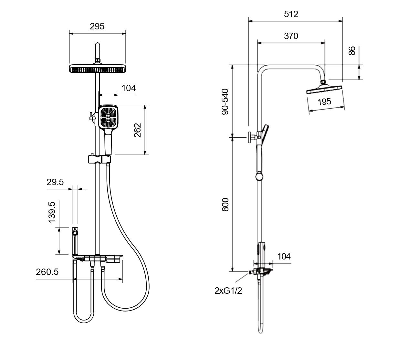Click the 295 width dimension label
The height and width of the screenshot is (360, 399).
point(97,26)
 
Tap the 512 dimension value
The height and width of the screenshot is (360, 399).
point(291,14)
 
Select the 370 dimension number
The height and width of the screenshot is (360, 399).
point(291,36)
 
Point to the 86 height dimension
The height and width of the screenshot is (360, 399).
point(352,50)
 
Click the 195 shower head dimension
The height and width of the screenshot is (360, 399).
point(324,102)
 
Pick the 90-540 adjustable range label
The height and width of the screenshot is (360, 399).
point(225,102)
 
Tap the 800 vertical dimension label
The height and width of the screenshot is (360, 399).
point(225,205)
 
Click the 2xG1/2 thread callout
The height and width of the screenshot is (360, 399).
point(228,291)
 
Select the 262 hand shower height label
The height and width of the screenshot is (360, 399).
point(137,130)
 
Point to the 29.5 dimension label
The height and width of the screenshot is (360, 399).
point(55,182)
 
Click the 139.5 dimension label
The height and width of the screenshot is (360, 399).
point(52,212)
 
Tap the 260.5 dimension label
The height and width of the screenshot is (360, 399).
point(47,272)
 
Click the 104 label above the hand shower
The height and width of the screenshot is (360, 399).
point(129,88)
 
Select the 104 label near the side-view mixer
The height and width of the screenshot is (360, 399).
point(284,257)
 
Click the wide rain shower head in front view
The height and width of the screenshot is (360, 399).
point(98,69)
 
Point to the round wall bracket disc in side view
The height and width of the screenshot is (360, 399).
point(249,137)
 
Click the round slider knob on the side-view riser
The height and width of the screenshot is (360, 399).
point(259,177)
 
